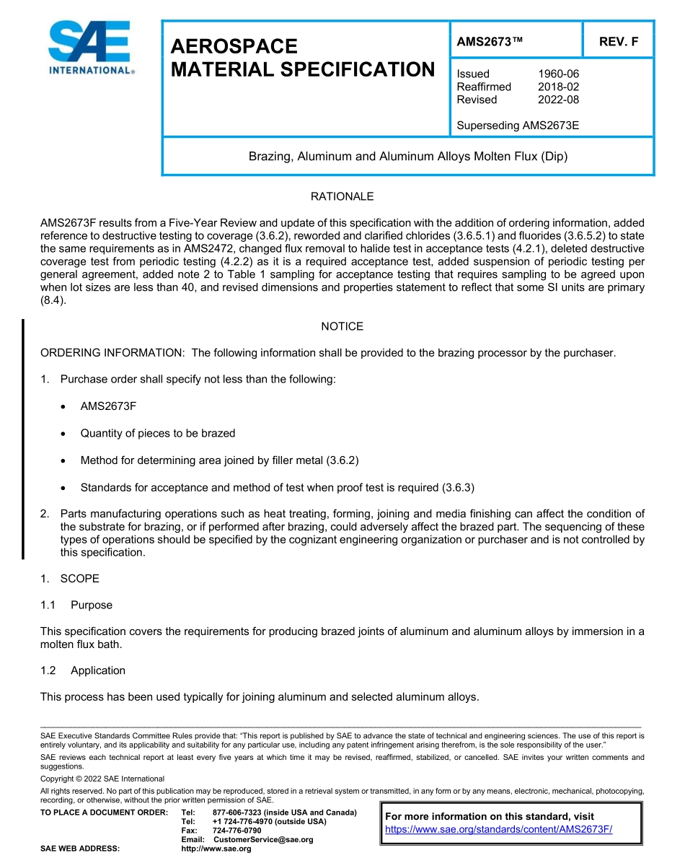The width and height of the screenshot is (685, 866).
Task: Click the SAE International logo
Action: [x=90, y=48]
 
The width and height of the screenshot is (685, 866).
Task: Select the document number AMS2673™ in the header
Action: [x=490, y=42]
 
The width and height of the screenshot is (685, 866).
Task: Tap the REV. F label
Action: [x=618, y=42]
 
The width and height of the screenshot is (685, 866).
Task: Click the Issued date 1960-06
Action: [x=558, y=74]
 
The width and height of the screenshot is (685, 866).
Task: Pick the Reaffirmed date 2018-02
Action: [x=558, y=87]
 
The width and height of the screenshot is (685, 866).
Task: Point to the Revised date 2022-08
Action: [x=558, y=100]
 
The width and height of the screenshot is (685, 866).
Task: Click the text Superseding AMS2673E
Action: [x=518, y=126]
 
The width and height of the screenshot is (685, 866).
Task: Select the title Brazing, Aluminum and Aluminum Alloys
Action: [x=408, y=156]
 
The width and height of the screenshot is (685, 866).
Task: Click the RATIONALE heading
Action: [x=342, y=196]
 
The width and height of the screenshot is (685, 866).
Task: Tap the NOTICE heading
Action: [x=342, y=326]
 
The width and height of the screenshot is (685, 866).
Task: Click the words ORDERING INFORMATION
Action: [x=113, y=353]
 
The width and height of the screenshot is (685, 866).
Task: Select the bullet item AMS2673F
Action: [x=108, y=406]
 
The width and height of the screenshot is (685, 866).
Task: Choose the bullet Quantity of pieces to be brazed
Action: [x=157, y=433]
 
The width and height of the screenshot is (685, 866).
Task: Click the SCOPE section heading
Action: [x=79, y=579]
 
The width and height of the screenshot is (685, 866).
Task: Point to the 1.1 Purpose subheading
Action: [x=91, y=605]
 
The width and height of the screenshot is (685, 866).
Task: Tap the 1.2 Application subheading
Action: [x=97, y=670]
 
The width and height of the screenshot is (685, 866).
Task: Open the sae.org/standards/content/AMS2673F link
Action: [x=498, y=829]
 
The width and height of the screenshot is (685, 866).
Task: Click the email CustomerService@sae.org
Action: [x=263, y=839]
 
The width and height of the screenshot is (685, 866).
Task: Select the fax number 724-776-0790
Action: [x=237, y=831]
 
